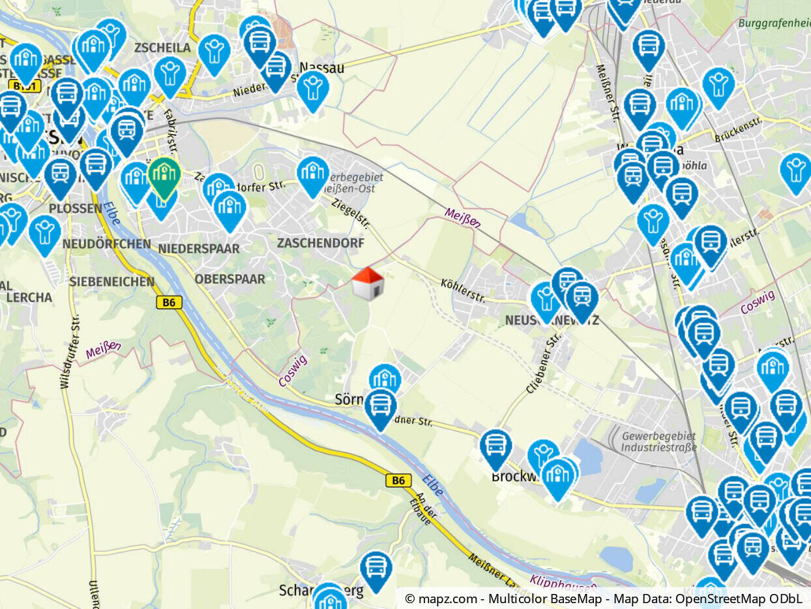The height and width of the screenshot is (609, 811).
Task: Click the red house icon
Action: [x=368, y=284]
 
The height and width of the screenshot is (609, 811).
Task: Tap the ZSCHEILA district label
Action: [x=162, y=48]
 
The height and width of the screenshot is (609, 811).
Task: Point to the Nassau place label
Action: [x=321, y=67]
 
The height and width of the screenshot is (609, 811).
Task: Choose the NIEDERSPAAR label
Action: [x=199, y=249]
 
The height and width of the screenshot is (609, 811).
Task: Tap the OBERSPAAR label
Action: [x=229, y=279]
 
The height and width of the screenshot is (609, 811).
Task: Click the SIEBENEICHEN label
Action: [x=111, y=282]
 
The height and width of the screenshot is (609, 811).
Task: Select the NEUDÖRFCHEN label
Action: [x=106, y=243]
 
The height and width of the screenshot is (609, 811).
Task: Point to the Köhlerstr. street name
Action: [x=464, y=292]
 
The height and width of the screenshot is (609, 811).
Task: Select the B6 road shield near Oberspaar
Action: [x=169, y=302]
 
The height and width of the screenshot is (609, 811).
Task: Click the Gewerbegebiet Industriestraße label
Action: [x=658, y=442]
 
